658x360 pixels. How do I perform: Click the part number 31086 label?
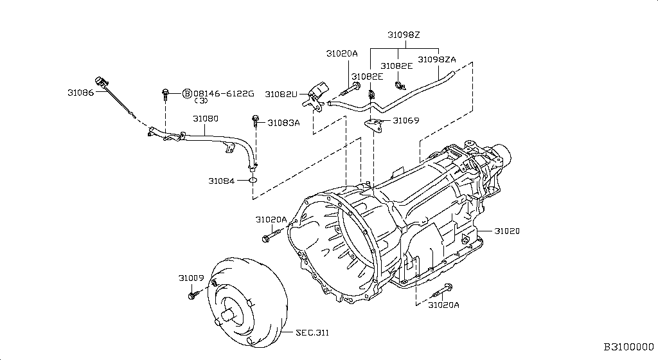tap(80, 93)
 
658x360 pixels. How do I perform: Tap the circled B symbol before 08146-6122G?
tap(187, 94)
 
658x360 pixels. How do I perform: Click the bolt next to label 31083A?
tap(255, 122)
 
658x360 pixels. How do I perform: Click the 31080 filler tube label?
tap(206, 119)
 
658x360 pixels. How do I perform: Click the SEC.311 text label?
tap(312, 333)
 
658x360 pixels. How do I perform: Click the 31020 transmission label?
tap(507, 231)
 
